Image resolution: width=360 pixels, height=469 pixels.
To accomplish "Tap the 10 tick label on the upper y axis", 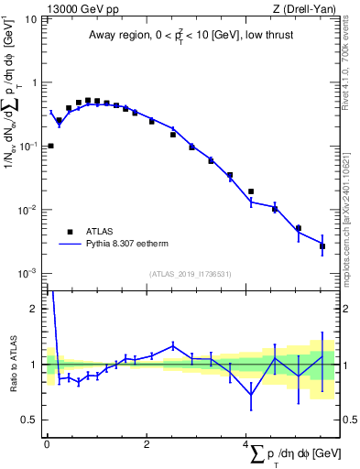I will pos(31,19).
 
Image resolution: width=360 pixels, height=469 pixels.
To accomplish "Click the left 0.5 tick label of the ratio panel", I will pos(31,420).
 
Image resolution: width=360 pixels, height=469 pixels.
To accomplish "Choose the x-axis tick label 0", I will pos(46,444).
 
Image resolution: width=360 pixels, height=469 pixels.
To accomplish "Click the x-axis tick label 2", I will pos(147,444).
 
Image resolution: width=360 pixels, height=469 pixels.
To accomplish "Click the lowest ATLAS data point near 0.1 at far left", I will pos(50,146).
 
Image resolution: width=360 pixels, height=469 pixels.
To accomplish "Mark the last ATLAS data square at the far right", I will pos(322,246).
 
